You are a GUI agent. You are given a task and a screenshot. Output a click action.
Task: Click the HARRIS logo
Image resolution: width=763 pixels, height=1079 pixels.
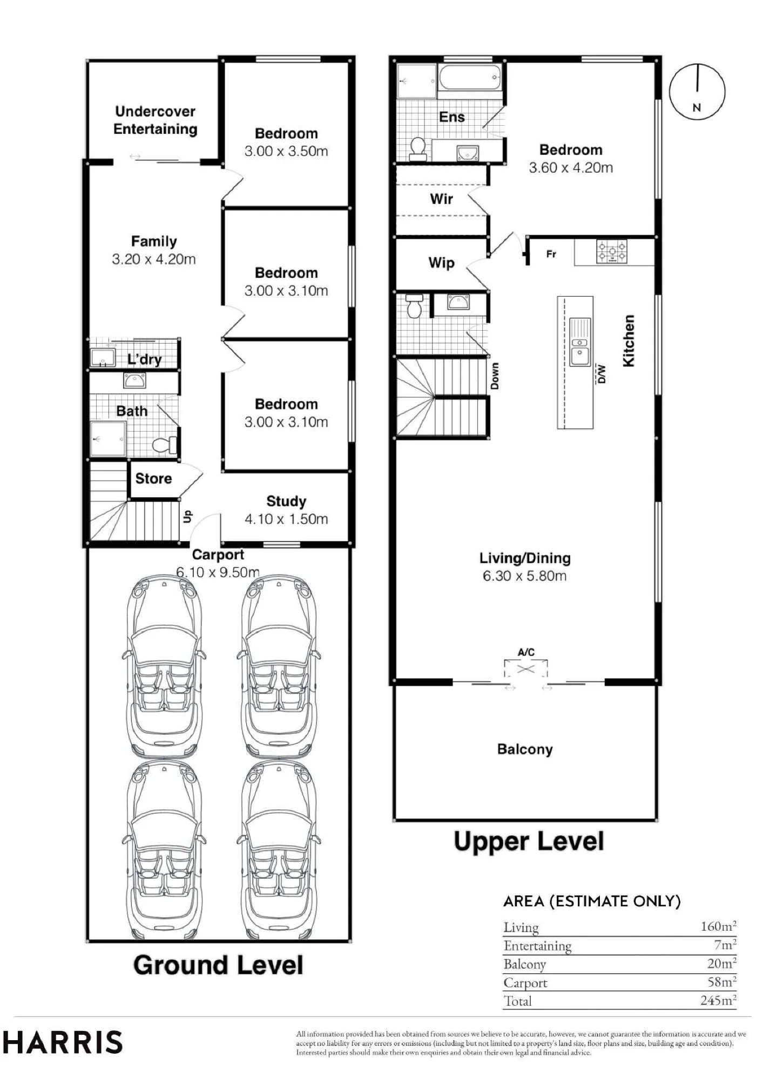[x=63, y=1042]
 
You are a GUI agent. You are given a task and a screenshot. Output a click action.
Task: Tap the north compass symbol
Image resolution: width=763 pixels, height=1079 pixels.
[x=697, y=91]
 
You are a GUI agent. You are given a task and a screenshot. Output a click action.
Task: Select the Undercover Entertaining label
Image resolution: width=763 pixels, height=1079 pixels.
[x=156, y=120]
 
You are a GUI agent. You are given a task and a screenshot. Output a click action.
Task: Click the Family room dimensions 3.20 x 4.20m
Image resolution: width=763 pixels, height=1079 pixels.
[x=154, y=259]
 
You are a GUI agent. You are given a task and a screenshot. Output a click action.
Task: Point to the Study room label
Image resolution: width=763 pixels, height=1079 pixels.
[x=286, y=501]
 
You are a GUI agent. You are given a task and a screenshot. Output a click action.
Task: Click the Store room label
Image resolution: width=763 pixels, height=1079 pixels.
[x=153, y=479]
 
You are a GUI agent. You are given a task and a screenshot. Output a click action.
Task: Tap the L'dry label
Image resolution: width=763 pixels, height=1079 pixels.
[x=145, y=359]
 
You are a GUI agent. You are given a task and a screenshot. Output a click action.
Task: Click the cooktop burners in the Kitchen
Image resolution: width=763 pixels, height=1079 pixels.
[x=612, y=251]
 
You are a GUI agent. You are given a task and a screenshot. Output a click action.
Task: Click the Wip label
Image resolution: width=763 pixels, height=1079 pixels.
[x=442, y=263]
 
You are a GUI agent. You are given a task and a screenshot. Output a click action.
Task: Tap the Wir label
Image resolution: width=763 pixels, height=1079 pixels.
[x=442, y=199]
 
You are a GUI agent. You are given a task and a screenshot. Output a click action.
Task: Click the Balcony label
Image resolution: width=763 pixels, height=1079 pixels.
[x=525, y=749]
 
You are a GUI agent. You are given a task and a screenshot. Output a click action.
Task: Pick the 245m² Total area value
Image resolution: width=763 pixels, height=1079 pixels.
[x=718, y=1000]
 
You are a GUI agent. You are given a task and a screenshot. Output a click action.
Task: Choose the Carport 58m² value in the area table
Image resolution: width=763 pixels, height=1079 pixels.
[x=722, y=982]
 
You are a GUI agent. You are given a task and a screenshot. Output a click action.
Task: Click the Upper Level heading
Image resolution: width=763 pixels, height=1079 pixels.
[x=529, y=842]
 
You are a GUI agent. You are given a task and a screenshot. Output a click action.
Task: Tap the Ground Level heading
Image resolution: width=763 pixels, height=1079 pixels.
[x=218, y=965]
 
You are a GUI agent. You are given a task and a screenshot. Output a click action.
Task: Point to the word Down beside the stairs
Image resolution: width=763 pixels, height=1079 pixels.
[x=495, y=376]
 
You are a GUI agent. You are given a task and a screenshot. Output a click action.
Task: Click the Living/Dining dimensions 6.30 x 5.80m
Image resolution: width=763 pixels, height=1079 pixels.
[x=525, y=576]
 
